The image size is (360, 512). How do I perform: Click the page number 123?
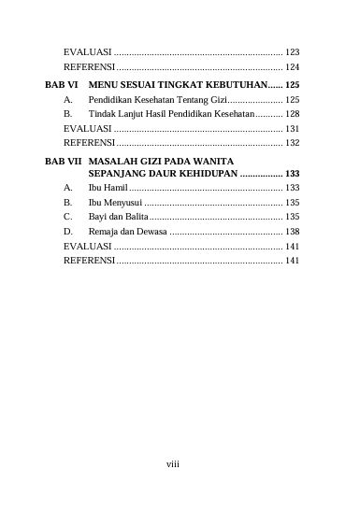tap(293, 53)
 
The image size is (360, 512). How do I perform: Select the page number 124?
tap(293, 68)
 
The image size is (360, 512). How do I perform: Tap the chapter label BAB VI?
tap(60, 84)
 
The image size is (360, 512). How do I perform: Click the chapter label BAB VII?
tap(62, 159)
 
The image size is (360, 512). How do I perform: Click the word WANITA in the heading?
tap(232, 159)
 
